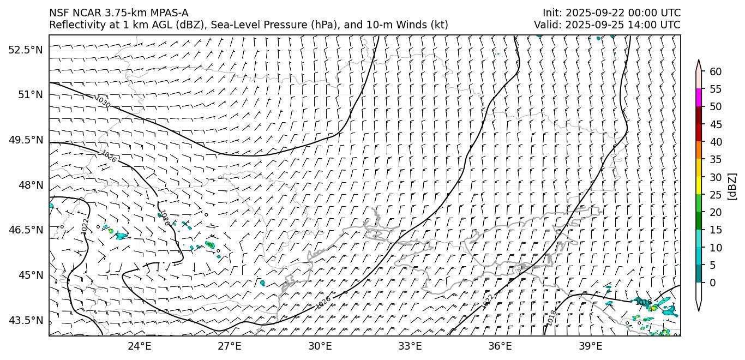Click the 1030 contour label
tap(103, 101)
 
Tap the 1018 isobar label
tap(552, 317)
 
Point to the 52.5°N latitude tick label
tap(26, 50)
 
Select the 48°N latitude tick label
tap(30, 185)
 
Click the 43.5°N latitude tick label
tap(26, 320)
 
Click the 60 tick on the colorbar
tap(716, 71)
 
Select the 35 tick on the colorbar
tap(716, 159)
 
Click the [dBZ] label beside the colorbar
tap(732, 186)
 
